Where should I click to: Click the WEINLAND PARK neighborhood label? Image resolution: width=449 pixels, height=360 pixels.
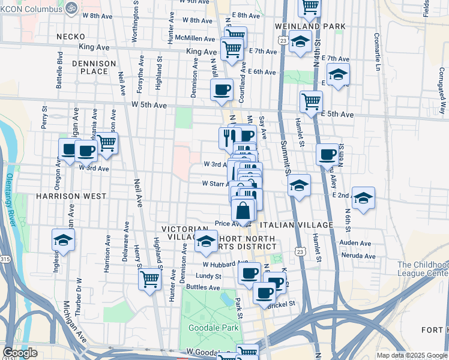point(310,26)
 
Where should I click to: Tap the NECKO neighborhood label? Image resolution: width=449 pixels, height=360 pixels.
point(67,37)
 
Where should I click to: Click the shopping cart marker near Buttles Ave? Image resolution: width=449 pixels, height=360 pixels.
point(149,278)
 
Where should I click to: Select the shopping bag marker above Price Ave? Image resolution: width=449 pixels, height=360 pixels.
point(243,211)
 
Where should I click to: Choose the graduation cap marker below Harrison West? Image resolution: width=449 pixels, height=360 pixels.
point(62,240)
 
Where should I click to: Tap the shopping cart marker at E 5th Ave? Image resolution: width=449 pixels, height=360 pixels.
point(311,101)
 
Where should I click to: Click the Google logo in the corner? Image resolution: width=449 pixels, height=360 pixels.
point(19,353)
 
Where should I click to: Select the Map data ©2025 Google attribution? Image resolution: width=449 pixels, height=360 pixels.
point(411,355)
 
